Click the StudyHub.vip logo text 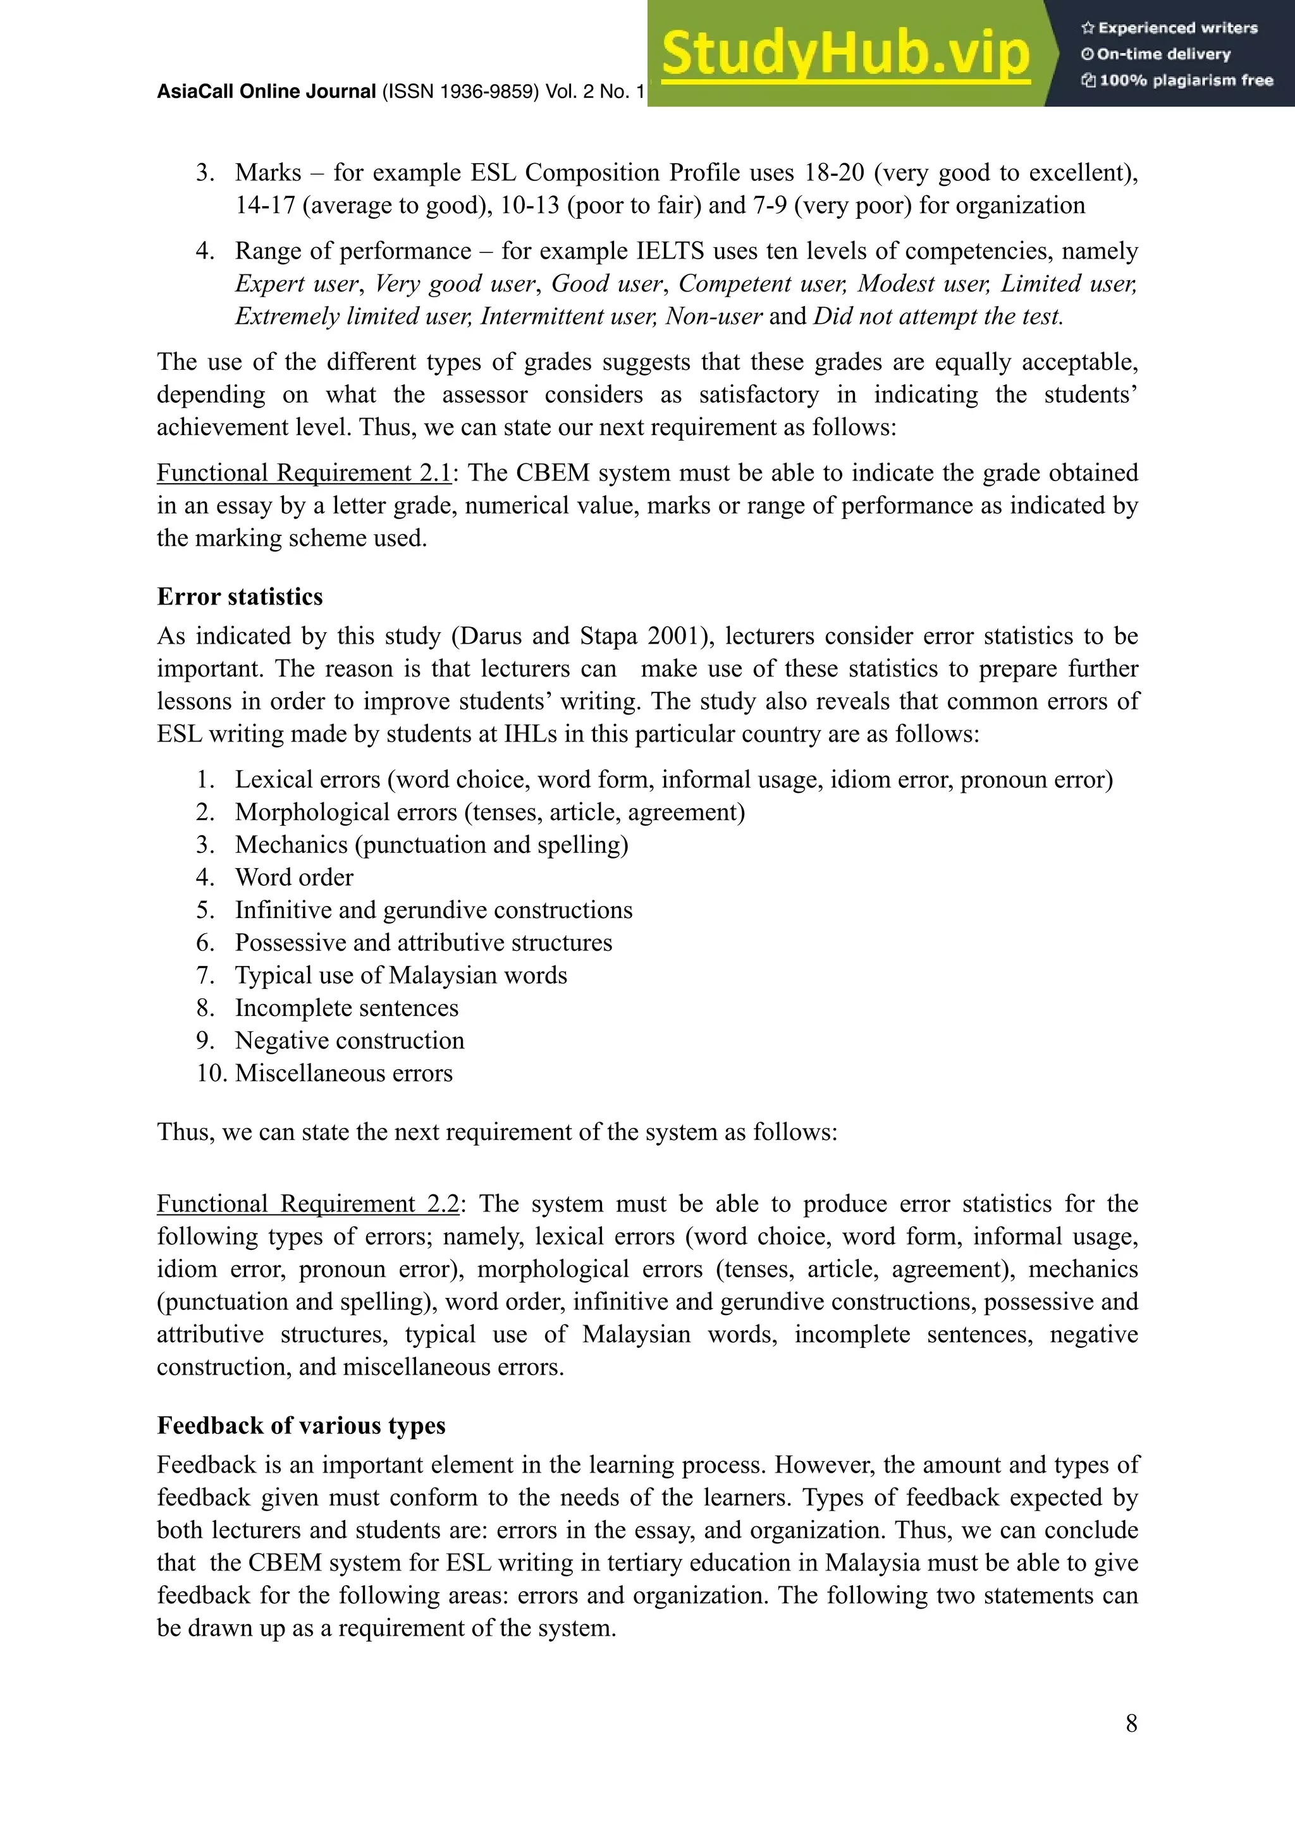click(x=845, y=54)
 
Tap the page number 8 click(x=1131, y=1724)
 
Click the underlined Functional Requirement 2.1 click(x=304, y=473)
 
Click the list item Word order click(x=293, y=877)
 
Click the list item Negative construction click(x=349, y=1041)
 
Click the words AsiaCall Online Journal click(x=266, y=92)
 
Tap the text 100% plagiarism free click(x=1185, y=80)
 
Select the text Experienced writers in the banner click(x=1177, y=28)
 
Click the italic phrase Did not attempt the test click(x=938, y=317)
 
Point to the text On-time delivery click(x=1163, y=54)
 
